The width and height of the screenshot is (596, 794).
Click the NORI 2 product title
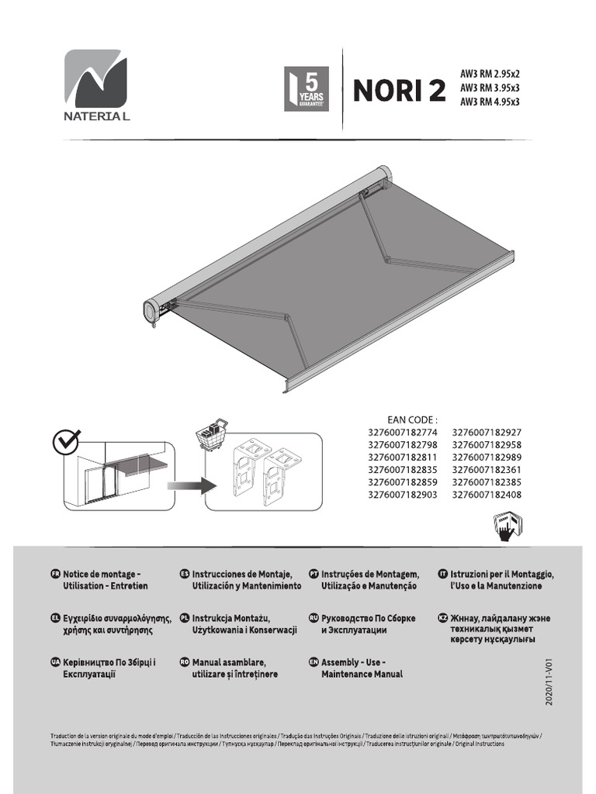(400, 91)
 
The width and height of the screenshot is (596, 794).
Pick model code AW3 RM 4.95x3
(490, 102)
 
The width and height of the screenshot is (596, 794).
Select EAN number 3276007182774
(401, 433)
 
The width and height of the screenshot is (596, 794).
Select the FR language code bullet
(54, 574)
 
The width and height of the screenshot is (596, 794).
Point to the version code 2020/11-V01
(549, 679)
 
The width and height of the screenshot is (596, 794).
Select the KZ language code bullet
(443, 619)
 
